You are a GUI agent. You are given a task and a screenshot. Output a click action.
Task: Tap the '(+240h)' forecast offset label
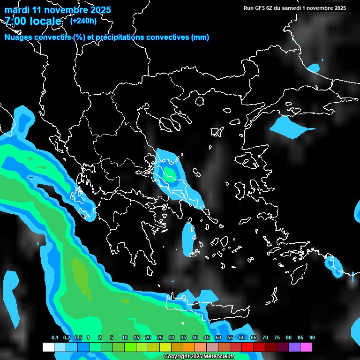[x=83, y=21]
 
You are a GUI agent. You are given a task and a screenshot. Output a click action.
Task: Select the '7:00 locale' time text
[x=33, y=21]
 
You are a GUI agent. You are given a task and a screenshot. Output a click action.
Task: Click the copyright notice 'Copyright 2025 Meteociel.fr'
[x=199, y=357]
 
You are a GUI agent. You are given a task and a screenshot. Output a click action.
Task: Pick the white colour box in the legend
[x=48, y=347]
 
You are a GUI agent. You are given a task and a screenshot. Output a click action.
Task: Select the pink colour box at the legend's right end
[x=306, y=347]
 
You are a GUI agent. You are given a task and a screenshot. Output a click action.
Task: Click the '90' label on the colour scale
[x=312, y=338]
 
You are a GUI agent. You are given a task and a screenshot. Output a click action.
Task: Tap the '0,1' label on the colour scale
[x=55, y=338]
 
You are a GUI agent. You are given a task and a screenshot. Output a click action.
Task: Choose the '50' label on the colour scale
[x=218, y=338]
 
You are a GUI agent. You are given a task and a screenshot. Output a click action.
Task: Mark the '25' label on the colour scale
[x=159, y=338]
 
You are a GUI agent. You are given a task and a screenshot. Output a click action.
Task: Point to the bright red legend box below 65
[x=247, y=347]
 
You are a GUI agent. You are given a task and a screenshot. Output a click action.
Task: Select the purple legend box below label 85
[x=294, y=347]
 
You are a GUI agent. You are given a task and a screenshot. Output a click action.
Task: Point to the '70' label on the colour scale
[x=265, y=338]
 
